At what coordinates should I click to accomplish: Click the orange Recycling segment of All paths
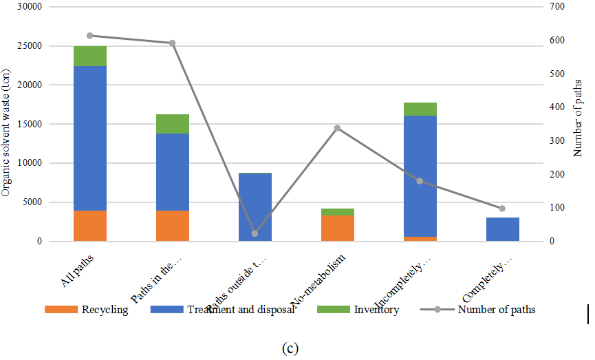(x=89, y=226)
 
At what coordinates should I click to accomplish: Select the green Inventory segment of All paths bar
(x=89, y=56)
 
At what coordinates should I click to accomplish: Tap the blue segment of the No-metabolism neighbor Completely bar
(x=502, y=229)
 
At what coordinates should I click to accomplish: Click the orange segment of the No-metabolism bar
(x=337, y=229)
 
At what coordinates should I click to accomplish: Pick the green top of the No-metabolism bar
(x=337, y=212)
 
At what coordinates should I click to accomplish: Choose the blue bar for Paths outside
(x=255, y=207)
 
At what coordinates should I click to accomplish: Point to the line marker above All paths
(x=89, y=36)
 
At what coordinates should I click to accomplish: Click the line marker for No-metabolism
(x=337, y=128)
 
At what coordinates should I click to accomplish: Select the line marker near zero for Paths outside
(x=255, y=233)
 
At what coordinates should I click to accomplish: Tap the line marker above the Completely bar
(x=502, y=209)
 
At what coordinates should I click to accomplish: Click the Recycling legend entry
(x=87, y=310)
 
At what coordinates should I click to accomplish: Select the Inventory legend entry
(x=358, y=310)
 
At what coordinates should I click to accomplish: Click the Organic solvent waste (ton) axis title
(x=6, y=133)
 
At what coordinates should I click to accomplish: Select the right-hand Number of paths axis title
(x=578, y=123)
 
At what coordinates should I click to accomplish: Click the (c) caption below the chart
(x=290, y=348)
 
